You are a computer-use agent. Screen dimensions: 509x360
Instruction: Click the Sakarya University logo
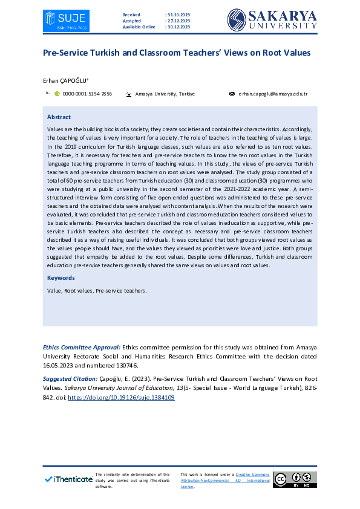(x=272, y=19)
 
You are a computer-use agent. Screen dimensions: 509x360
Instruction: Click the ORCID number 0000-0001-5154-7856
(x=87, y=94)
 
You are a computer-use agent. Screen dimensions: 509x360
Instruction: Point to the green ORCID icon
(x=57, y=94)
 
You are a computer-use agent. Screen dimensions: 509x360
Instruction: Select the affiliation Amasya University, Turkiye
(x=165, y=94)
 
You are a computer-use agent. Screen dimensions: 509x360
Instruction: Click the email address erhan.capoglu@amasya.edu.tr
(x=273, y=94)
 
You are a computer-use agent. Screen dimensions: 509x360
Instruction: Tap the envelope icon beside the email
(x=232, y=94)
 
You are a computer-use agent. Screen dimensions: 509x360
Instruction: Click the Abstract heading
(x=59, y=117)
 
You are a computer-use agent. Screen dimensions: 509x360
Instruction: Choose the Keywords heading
(x=61, y=278)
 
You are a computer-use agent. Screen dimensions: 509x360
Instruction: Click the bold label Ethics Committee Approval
(x=82, y=348)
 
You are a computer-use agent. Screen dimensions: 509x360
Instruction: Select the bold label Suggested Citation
(x=70, y=378)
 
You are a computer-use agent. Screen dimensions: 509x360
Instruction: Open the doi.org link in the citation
(x=121, y=398)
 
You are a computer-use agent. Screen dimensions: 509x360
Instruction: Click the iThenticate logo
(x=68, y=479)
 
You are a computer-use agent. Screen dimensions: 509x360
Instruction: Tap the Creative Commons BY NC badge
(x=294, y=479)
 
